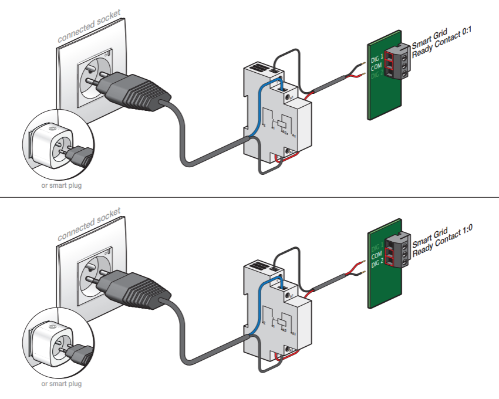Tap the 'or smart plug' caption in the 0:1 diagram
tap(61, 185)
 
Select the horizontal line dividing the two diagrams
tap(249, 198)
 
